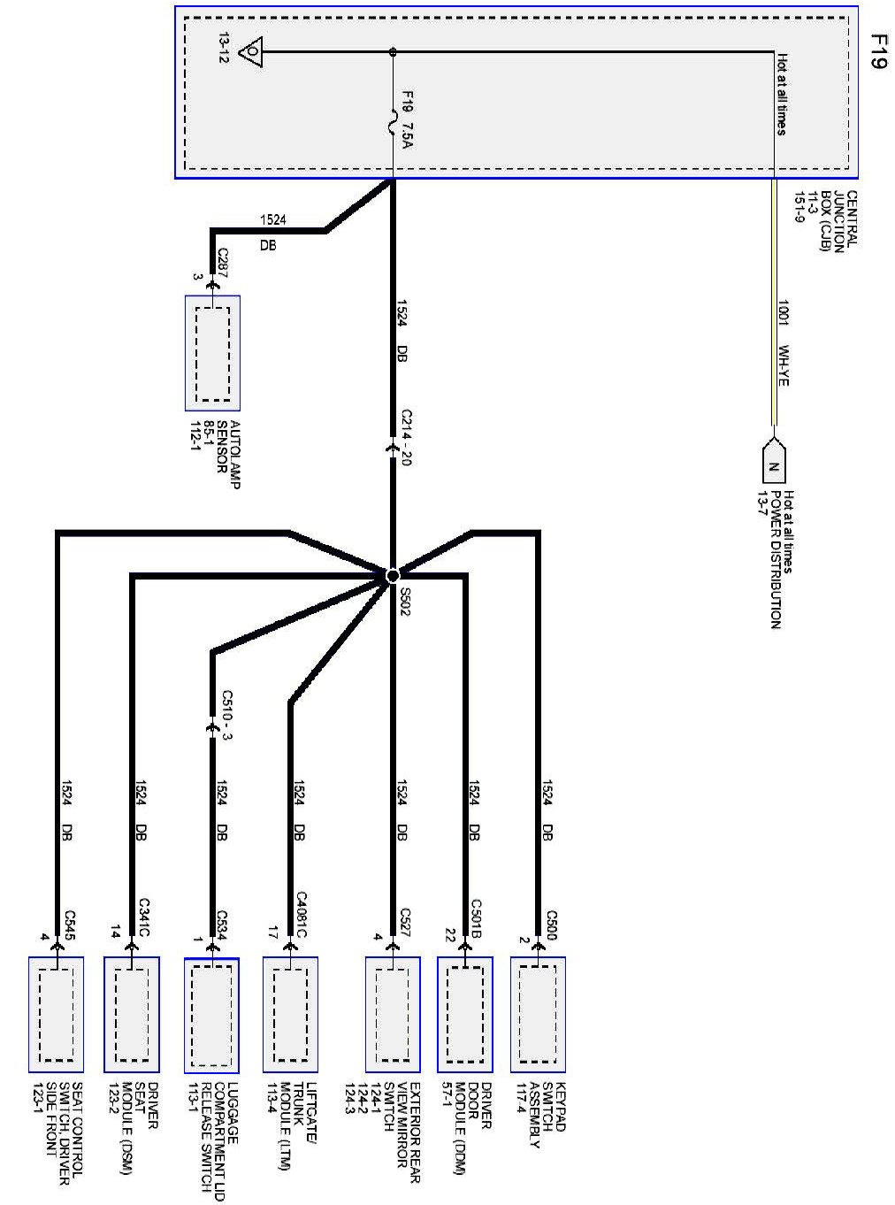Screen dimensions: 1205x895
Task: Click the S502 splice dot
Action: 393,576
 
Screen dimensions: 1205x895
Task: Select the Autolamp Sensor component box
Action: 212,353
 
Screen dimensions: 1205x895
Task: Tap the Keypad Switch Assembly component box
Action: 538,1014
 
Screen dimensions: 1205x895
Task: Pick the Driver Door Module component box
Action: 464,1014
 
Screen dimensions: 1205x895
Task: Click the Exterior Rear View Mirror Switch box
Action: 393,1014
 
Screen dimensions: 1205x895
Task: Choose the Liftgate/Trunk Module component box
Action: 290,1014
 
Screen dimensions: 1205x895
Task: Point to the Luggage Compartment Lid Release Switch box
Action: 211,1014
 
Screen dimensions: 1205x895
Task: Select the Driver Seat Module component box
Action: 132,1014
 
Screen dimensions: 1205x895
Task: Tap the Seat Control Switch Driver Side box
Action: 56,1014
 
